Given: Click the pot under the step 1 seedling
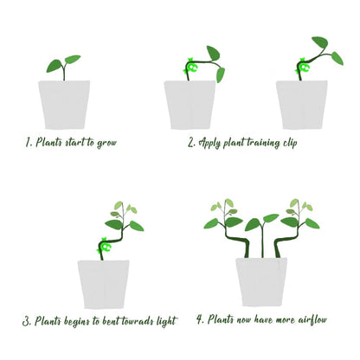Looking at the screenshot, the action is point(64,105).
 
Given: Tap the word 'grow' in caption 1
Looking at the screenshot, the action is point(106,143).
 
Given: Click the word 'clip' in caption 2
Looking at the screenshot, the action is point(290,143).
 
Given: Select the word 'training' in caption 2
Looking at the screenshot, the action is point(263,143).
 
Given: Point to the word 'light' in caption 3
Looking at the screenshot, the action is point(167,321).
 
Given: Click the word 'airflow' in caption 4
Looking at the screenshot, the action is point(312,319).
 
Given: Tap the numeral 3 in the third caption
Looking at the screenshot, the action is point(27,321).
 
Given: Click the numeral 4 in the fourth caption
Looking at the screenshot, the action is point(200,319).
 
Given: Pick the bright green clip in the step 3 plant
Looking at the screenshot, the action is point(104,246).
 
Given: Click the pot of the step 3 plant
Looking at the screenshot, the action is point(103,285).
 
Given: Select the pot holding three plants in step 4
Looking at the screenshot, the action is point(261,282).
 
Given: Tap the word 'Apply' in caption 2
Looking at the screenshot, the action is point(210,143).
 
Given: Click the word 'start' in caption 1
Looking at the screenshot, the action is point(74,143).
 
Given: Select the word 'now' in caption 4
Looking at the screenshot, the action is point(244,320).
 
